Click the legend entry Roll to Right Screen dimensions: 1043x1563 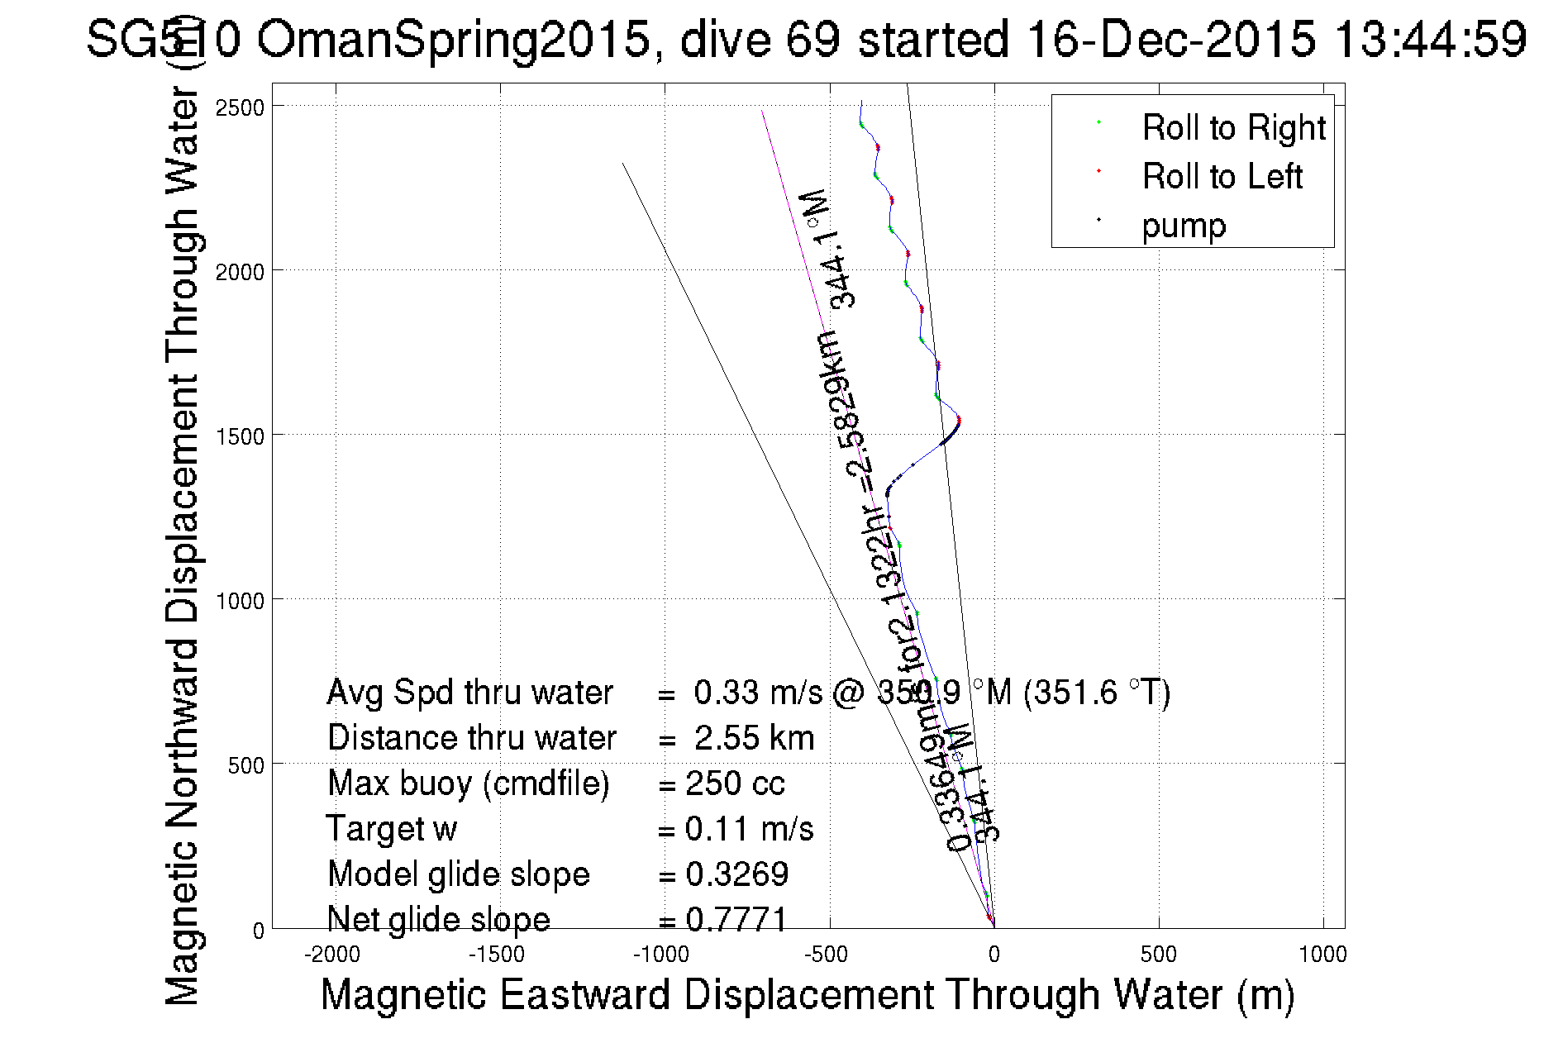1232,128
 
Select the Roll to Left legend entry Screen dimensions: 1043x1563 1222,177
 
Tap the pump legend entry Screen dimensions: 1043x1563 1184,226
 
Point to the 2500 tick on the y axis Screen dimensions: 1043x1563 240,107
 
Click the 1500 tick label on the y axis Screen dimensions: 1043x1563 240,436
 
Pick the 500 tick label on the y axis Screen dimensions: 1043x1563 245,765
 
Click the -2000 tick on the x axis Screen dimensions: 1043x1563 332,955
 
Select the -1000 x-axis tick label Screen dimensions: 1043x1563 661,955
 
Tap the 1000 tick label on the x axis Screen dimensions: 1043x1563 1322,955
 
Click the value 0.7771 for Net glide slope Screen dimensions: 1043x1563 736,919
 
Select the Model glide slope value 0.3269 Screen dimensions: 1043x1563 736,874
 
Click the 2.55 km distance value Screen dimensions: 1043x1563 754,738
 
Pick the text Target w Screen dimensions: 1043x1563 391,829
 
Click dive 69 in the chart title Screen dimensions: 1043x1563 763,39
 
